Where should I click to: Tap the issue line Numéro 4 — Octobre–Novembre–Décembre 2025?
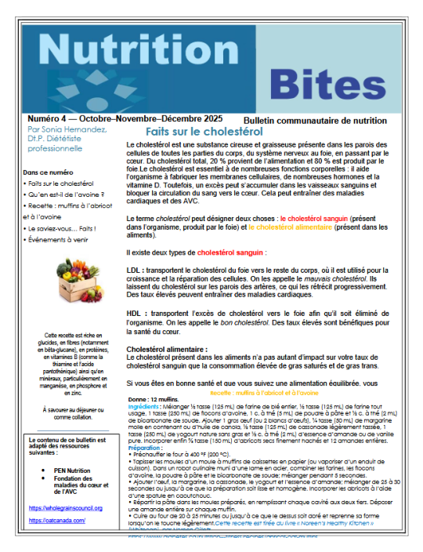(x=114, y=118)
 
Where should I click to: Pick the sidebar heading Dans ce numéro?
(x=49, y=171)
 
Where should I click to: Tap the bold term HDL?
(x=135, y=311)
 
